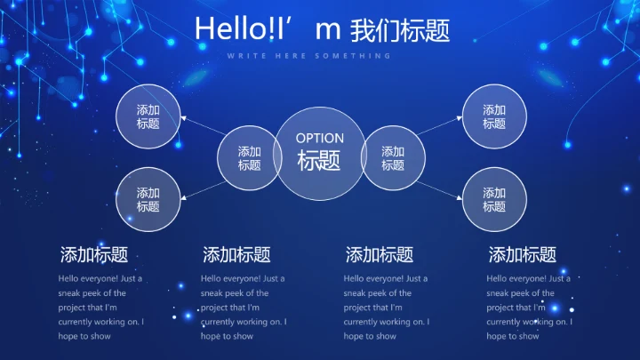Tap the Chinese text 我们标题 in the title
click(x=400, y=30)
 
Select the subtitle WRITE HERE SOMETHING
click(x=308, y=56)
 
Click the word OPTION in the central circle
click(x=319, y=138)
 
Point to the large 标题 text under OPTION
click(x=319, y=161)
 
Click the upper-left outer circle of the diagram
click(x=148, y=116)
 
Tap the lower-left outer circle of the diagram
click(x=148, y=199)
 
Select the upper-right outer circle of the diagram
click(x=494, y=116)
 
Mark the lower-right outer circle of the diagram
click(x=494, y=199)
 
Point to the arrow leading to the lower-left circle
click(x=201, y=188)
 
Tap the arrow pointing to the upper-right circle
click(x=439, y=125)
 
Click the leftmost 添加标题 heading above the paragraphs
click(x=93, y=255)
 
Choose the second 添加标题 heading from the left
click(x=236, y=255)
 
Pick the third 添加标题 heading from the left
click(x=380, y=255)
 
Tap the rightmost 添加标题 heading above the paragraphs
click(x=523, y=255)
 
